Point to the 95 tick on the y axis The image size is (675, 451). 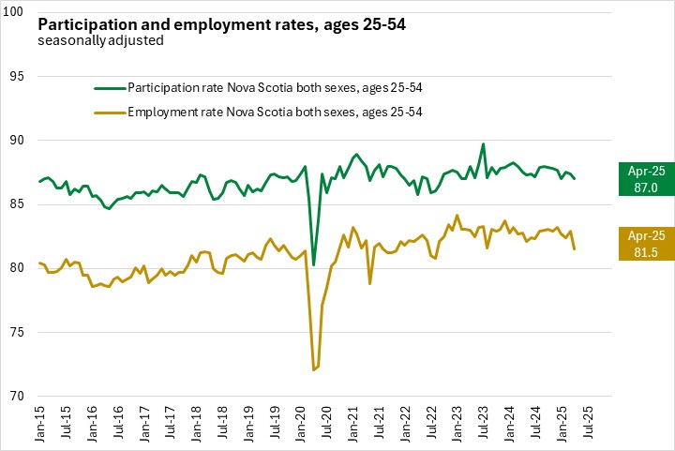pos(19,77)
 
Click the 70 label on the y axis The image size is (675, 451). pos(19,396)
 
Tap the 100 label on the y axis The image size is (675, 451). pos(16,13)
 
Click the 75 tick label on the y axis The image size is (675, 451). pos(19,332)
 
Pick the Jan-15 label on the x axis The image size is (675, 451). pos(40,424)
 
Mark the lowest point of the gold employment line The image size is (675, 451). pos(314,370)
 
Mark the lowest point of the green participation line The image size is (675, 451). pos(314,265)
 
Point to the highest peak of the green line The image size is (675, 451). pos(483,144)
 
